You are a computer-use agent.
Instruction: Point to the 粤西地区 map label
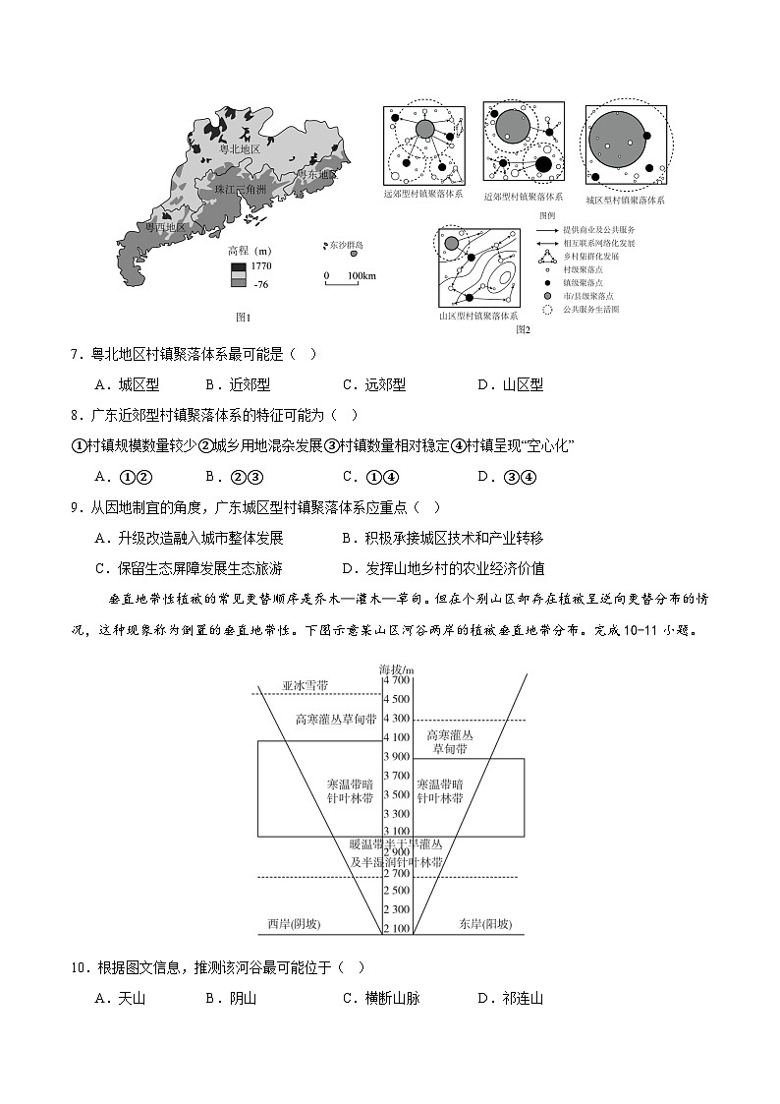pyautogui.click(x=165, y=227)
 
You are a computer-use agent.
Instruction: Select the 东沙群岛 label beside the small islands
pyautogui.click(x=346, y=244)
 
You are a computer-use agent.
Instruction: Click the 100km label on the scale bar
pyautogui.click(x=361, y=276)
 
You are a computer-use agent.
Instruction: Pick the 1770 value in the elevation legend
pyautogui.click(x=260, y=266)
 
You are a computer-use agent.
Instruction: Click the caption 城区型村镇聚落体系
pyautogui.click(x=626, y=200)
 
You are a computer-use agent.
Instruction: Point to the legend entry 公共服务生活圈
pyautogui.click(x=591, y=310)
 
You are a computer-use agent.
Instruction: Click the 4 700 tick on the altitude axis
pyautogui.click(x=397, y=679)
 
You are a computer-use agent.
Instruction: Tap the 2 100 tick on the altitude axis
pyautogui.click(x=397, y=929)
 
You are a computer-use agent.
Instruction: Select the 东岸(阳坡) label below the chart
pyautogui.click(x=485, y=924)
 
